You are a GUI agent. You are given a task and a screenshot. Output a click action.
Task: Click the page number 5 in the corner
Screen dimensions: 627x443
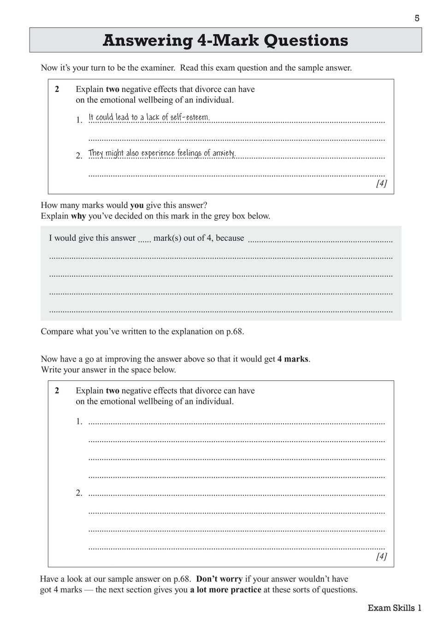point(417,18)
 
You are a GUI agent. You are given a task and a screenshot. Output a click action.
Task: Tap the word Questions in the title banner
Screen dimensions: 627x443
point(306,41)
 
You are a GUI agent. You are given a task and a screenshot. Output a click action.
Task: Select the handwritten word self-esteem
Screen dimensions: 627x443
point(190,117)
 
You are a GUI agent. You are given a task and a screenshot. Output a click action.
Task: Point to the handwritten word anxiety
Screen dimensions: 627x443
point(224,153)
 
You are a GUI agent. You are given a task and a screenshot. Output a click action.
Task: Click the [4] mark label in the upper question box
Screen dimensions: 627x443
point(381,183)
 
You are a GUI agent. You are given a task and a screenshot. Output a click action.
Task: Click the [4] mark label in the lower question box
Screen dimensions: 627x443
point(381,556)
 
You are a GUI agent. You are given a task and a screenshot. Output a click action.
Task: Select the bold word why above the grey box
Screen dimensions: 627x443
point(78,216)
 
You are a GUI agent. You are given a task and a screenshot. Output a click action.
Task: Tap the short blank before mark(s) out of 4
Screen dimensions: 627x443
point(144,240)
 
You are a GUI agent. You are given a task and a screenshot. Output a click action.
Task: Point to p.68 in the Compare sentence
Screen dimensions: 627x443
point(235,331)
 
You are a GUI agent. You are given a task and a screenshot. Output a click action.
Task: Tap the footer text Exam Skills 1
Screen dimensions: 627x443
point(395,608)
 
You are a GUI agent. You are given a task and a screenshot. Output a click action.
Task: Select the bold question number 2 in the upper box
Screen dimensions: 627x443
point(57,89)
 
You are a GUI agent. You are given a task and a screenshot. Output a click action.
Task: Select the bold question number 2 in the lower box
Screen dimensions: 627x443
point(57,391)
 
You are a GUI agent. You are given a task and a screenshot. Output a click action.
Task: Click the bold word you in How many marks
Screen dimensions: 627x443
point(137,206)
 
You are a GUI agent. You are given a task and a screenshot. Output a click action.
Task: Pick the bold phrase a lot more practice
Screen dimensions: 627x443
point(225,590)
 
